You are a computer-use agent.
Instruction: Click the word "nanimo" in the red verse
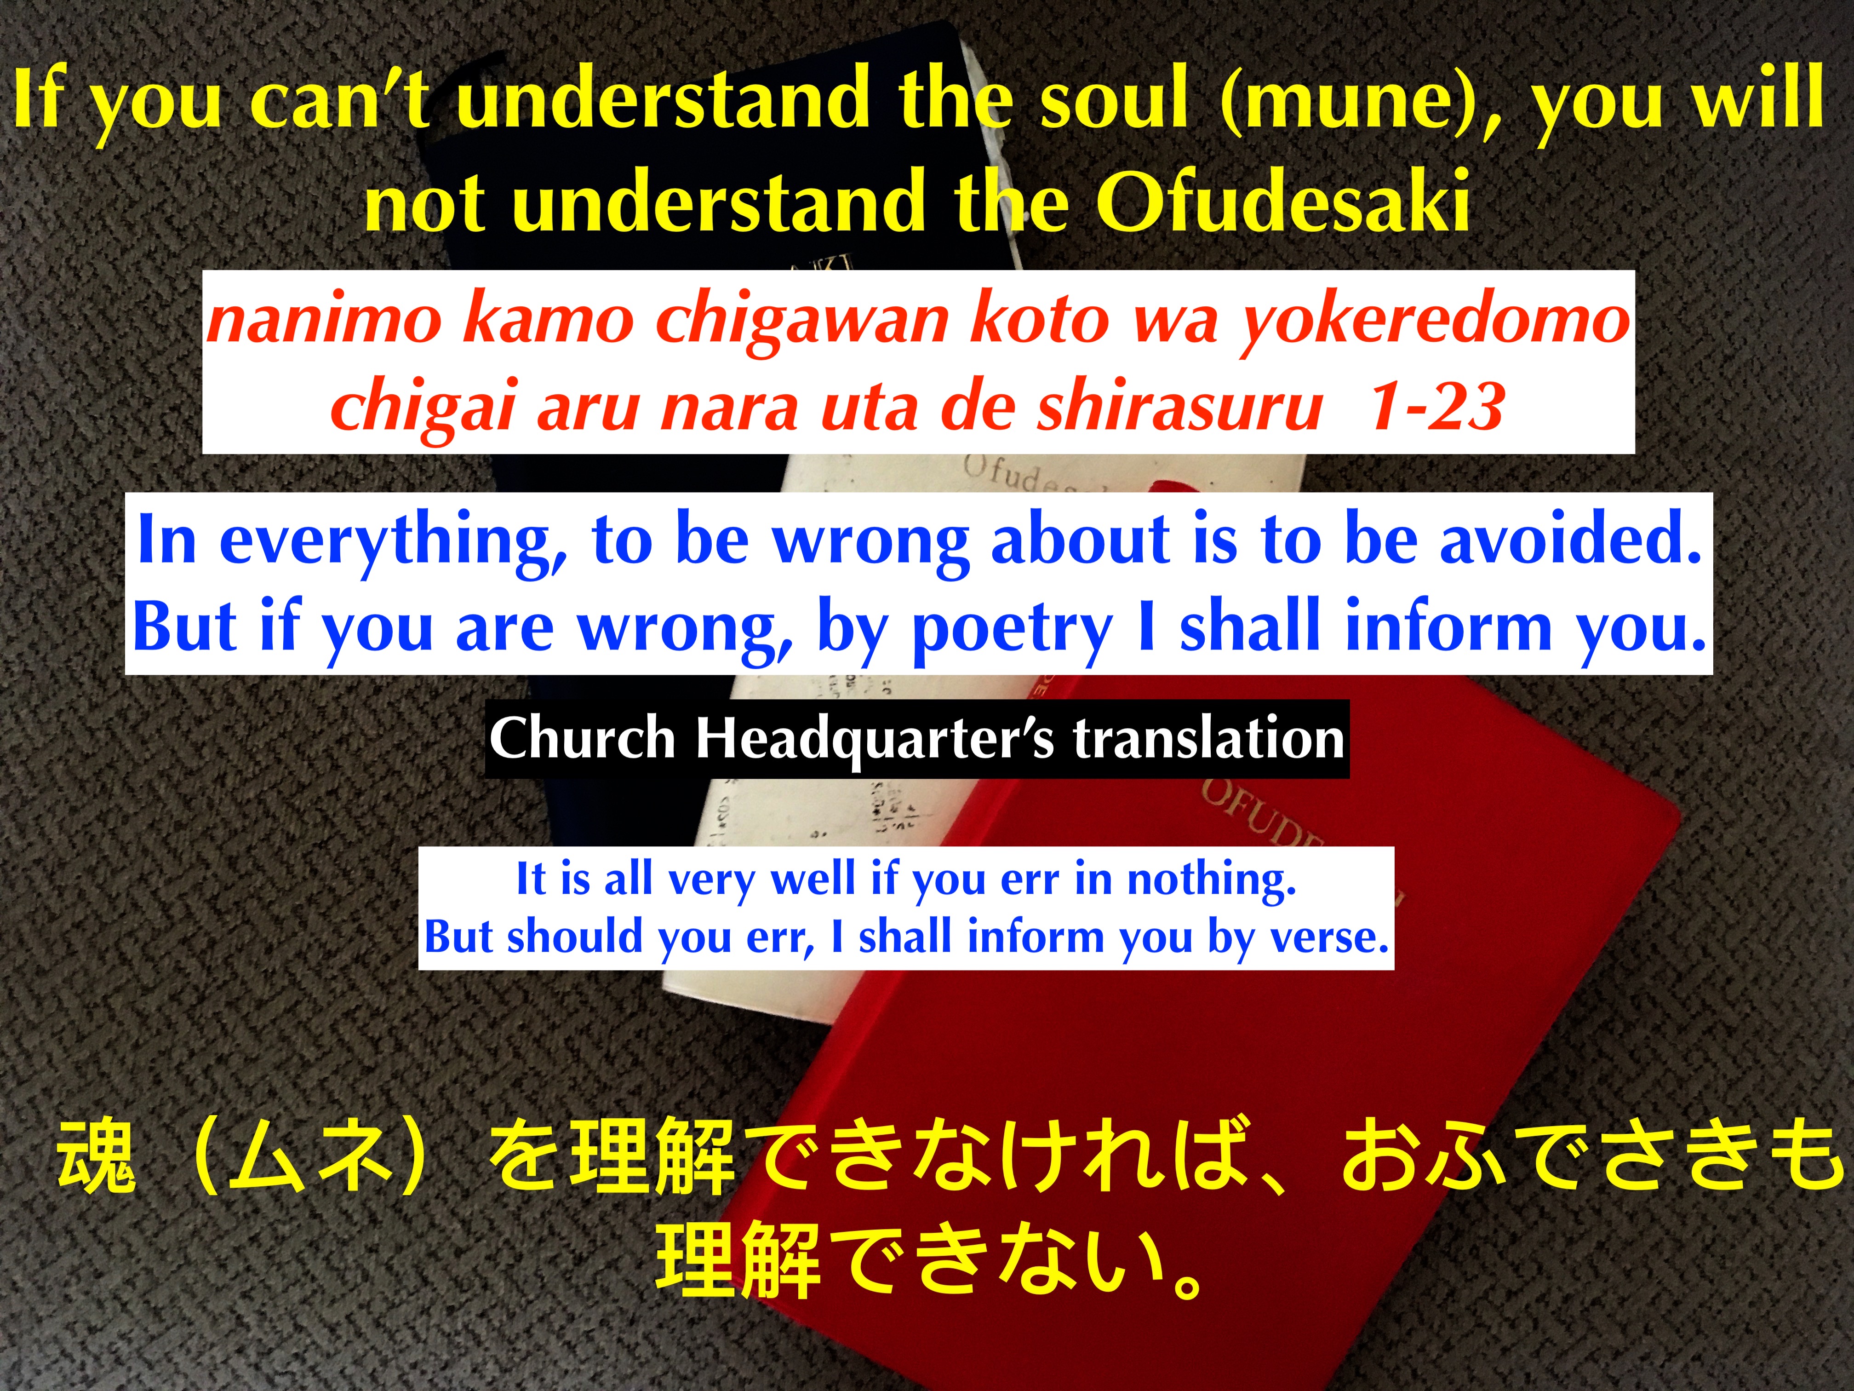pos(324,321)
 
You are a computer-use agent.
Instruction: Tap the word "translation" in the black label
pos(1208,739)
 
